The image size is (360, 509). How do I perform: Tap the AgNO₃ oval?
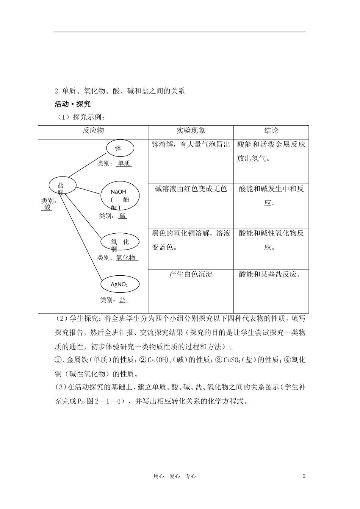(x=119, y=284)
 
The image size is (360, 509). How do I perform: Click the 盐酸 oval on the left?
(x=62, y=185)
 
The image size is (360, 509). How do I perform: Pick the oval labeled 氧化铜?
(x=120, y=242)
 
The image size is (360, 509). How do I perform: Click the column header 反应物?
(x=93, y=131)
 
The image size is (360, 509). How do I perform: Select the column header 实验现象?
(x=191, y=131)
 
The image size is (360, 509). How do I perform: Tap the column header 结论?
(x=271, y=131)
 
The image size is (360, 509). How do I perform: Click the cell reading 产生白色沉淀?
(x=191, y=274)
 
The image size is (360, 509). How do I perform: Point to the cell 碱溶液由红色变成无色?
(x=191, y=189)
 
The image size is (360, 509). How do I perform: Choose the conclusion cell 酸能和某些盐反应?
(x=271, y=274)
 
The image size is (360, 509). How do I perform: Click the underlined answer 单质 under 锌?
(x=124, y=164)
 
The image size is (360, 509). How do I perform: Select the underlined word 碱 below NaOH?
(x=122, y=216)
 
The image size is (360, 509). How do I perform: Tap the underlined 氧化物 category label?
(x=126, y=258)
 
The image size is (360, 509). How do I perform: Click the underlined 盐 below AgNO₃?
(x=123, y=300)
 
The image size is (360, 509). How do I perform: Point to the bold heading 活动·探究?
(x=73, y=104)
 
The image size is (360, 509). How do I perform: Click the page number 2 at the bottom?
(x=304, y=476)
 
